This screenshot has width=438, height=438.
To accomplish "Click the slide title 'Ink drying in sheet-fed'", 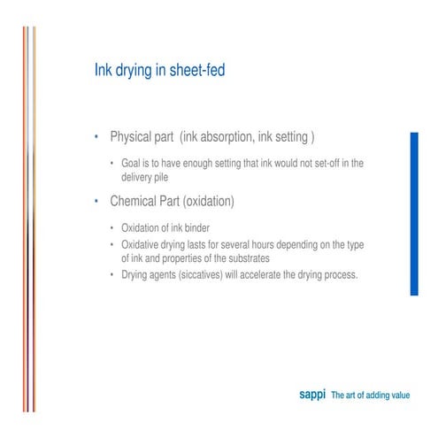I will [159, 70].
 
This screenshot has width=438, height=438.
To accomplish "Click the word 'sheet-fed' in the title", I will [197, 70].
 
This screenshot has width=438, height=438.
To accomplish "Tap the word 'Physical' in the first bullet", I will [132, 138].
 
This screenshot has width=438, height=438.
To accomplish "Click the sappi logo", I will [311, 395].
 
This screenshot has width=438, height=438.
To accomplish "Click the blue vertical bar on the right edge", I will [413, 213].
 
